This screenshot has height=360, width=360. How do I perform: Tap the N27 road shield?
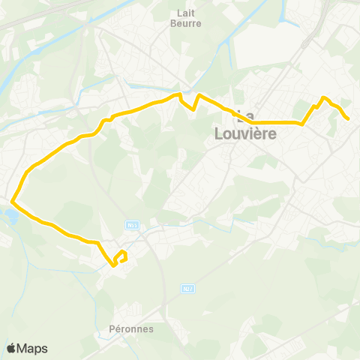(x=187, y=287)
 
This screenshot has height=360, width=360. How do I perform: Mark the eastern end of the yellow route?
(x=349, y=118)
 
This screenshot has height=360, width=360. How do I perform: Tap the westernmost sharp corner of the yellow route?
(x=12, y=199)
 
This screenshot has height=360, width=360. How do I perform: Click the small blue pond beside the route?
(x=10, y=216)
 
